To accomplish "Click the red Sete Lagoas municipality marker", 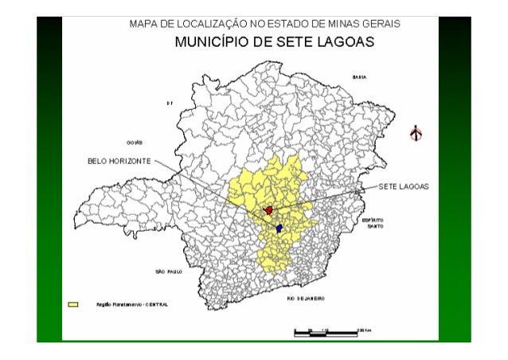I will pyautogui.click(x=269, y=210).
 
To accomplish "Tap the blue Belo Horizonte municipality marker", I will pyautogui.click(x=279, y=228).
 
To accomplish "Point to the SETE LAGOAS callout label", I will pyautogui.click(x=403, y=186).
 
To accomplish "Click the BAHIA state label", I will pyautogui.click(x=358, y=77).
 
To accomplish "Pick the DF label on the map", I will pyautogui.click(x=170, y=104).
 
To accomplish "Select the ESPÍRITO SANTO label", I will pyautogui.click(x=373, y=222).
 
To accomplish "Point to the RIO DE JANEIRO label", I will pyautogui.click(x=306, y=298).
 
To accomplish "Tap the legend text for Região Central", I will pyautogui.click(x=131, y=304).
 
